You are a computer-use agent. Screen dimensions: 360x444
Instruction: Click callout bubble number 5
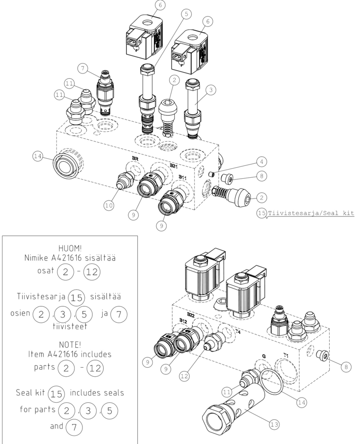(x=186, y=14)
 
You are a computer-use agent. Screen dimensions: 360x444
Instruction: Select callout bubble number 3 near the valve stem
(x=211, y=90)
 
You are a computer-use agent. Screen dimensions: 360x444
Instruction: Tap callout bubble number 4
(x=261, y=162)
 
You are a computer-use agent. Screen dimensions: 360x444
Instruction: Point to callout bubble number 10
(x=109, y=205)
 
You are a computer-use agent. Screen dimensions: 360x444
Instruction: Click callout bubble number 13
(x=274, y=425)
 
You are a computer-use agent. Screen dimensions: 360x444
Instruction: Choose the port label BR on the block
(x=135, y=158)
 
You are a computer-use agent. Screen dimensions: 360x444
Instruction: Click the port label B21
(x=173, y=166)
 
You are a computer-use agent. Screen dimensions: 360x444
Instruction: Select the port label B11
(x=182, y=177)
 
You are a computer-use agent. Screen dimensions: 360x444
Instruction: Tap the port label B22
(x=191, y=315)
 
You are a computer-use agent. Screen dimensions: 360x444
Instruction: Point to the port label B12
(x=183, y=320)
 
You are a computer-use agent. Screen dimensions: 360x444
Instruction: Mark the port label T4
(x=237, y=331)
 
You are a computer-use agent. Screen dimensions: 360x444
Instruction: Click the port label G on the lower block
(x=264, y=356)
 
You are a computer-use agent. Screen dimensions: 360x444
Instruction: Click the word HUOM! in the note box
(x=70, y=248)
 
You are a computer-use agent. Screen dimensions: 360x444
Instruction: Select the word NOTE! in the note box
(x=70, y=344)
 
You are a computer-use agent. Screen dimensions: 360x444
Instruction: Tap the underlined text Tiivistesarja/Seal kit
(x=311, y=213)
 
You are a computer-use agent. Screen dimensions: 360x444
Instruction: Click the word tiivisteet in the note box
(x=70, y=326)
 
